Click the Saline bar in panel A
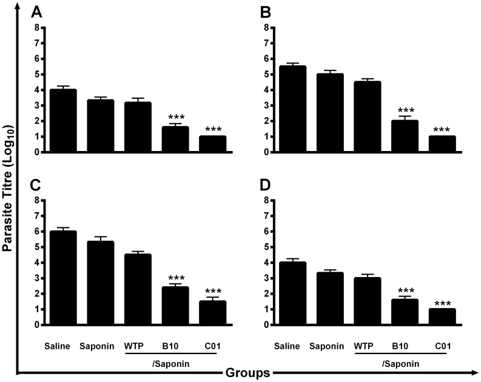[62, 121]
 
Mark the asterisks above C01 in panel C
[214, 290]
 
